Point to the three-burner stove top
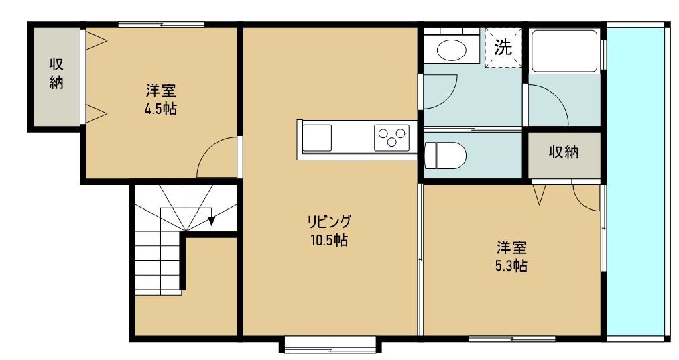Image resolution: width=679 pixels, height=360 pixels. coord(392,137)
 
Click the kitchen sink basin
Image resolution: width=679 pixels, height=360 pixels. coord(317,138)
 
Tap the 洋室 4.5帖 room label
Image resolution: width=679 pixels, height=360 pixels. coord(160,99)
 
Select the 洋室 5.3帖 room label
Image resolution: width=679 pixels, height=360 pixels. coord(511,256)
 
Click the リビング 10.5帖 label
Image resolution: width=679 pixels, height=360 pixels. coord(328,231)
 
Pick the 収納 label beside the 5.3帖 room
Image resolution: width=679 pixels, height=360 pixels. coord(564,152)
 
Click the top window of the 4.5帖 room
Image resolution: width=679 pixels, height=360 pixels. coord(161,25)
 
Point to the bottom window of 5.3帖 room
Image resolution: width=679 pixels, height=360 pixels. coord(511,338)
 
